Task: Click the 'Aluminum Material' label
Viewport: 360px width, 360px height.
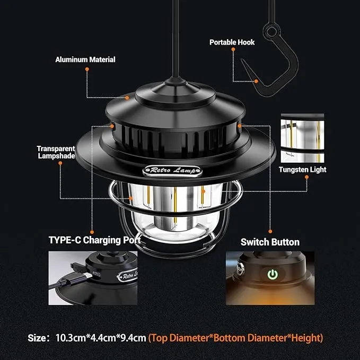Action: click(85, 59)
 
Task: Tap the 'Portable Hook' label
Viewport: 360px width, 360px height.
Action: click(232, 42)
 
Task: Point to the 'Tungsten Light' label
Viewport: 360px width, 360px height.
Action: click(303, 170)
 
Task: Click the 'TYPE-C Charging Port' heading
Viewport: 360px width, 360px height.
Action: click(94, 240)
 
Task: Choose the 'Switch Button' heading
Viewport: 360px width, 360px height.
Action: click(270, 242)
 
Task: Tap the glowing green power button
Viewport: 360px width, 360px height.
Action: click(272, 275)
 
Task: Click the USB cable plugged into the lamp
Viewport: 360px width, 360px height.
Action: click(72, 273)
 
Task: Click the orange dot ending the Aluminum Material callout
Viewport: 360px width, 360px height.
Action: click(127, 98)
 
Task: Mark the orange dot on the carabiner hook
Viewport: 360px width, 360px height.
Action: click(256, 81)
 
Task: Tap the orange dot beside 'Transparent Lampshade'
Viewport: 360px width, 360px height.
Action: click(60, 164)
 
